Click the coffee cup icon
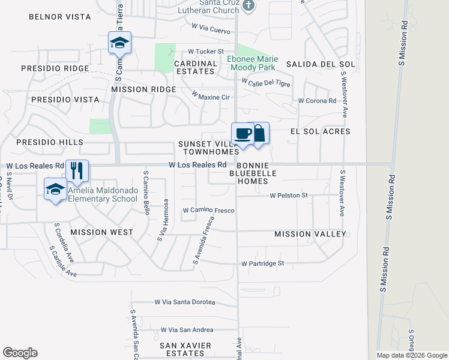[243, 133]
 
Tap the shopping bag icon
[259, 133]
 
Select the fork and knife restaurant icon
[77, 170]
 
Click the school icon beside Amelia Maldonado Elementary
[55, 189]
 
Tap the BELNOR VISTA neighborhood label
[59, 17]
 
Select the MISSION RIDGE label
[143, 89]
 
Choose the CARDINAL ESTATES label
[196, 67]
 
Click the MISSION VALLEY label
[310, 234]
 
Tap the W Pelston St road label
[288, 196]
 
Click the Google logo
[20, 353]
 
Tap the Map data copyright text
[412, 355]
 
